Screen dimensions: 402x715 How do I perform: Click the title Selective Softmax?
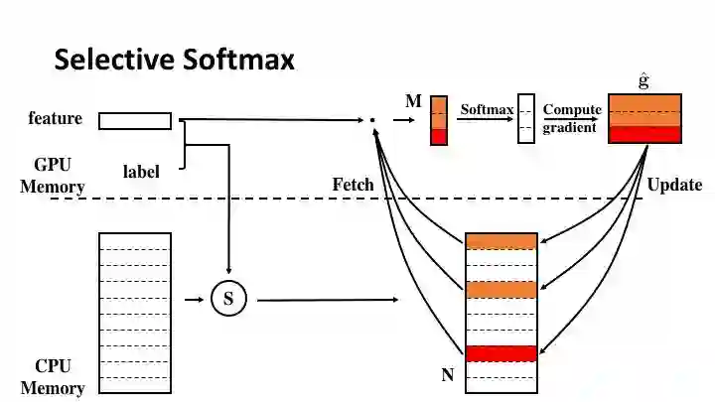[174, 60]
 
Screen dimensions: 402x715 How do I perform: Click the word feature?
[55, 119]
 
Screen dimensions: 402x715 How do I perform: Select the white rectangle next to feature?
[135, 121]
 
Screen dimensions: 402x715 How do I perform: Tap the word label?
[141, 172]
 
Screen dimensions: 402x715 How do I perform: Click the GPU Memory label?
[53, 176]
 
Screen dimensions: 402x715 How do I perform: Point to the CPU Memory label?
[53, 376]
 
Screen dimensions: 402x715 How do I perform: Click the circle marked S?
[228, 299]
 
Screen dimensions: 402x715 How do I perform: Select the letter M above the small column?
[413, 101]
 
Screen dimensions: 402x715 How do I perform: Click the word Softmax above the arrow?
[486, 109]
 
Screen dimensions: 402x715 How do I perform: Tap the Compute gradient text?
[571, 118]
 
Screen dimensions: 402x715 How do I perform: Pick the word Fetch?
[353, 185]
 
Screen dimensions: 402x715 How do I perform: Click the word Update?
[674, 185]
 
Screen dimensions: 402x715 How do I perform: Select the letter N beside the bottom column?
[447, 375]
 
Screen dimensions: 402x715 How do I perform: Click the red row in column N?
[501, 353]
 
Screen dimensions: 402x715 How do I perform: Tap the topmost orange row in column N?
[501, 241]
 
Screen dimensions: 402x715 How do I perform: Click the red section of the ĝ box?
[644, 135]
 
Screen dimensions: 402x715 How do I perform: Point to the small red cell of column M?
[439, 137]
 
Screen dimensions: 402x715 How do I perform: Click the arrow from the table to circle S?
[194, 299]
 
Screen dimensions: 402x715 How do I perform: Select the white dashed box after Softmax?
[526, 120]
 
